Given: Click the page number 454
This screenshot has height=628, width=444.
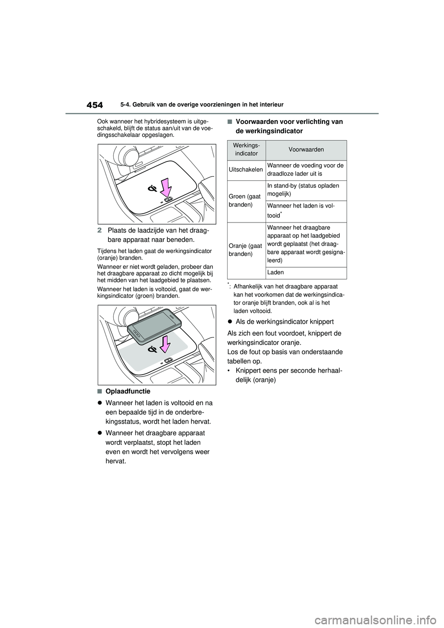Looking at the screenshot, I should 94,105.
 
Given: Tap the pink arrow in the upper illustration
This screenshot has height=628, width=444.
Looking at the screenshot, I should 165,188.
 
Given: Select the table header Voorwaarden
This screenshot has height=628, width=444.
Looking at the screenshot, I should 306,150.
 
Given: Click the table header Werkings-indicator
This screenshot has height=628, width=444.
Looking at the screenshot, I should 246,150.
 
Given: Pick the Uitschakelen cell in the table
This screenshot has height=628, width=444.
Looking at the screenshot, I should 246,170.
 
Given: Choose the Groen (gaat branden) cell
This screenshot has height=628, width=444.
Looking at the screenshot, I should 246,201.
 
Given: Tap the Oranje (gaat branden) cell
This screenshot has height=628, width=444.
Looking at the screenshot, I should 246,250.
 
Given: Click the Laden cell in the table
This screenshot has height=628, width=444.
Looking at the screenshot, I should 276,272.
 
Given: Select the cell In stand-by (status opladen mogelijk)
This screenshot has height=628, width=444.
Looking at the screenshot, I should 306,190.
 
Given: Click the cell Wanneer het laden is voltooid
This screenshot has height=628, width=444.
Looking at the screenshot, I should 306,211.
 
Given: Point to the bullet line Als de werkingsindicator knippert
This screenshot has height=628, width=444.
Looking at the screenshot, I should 284,321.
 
